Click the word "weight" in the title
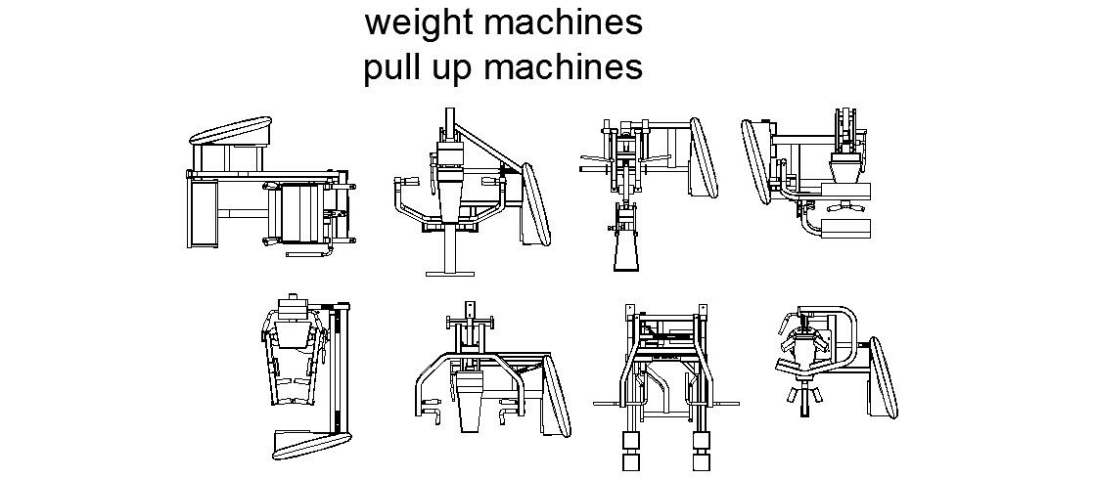[417, 23]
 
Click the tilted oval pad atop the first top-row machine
[230, 132]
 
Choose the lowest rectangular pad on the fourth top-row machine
[845, 227]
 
